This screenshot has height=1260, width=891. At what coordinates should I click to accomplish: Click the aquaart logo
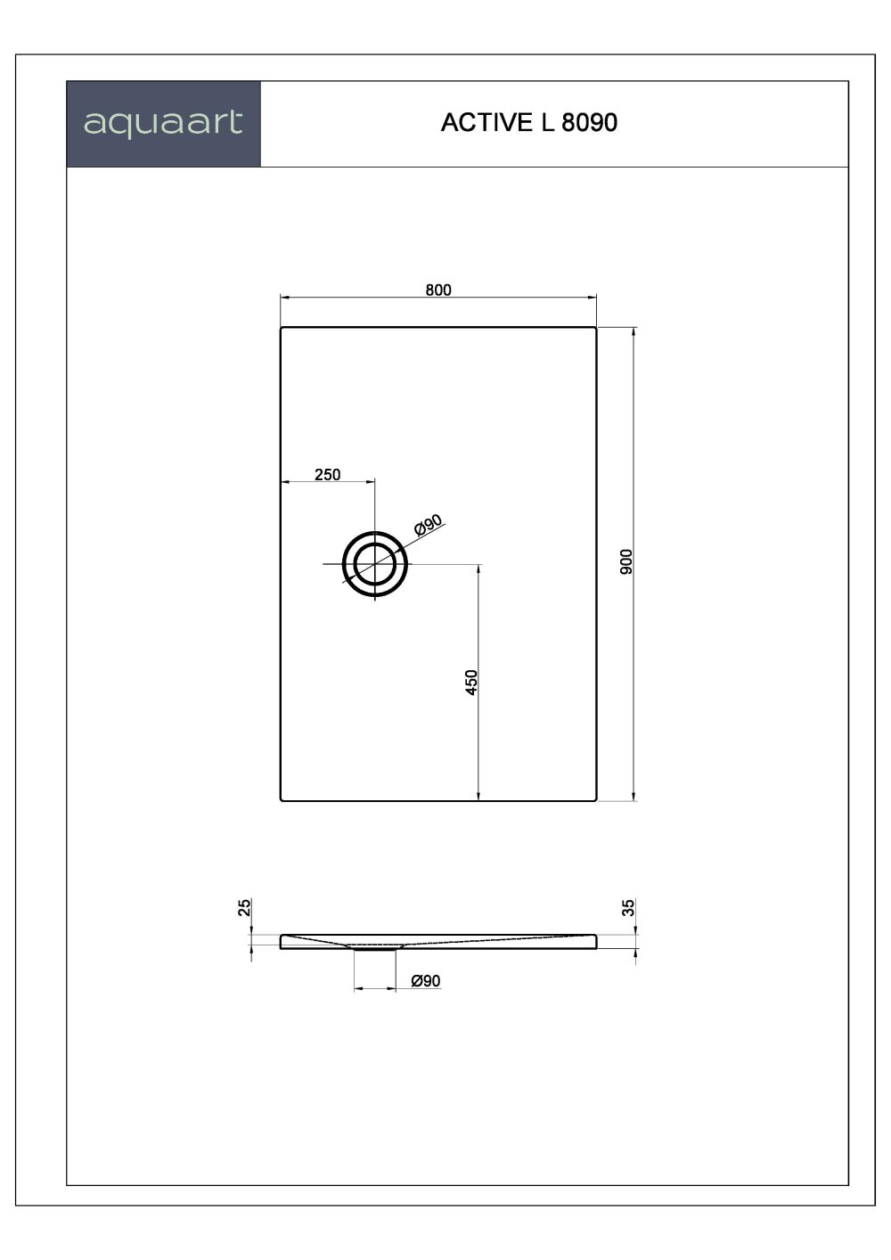[163, 123]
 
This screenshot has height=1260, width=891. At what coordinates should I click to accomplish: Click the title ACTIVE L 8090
[528, 123]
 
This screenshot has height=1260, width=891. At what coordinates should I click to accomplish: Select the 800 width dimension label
[438, 290]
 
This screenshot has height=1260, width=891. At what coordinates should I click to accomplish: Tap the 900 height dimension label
[625, 561]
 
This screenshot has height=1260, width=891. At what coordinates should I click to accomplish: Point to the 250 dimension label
[327, 474]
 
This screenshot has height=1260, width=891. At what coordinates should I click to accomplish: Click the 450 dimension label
[472, 682]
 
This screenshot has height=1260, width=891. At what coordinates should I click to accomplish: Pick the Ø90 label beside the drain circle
[429, 527]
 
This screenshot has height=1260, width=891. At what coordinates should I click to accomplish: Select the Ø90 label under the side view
[426, 981]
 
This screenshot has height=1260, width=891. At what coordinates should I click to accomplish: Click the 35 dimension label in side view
[628, 908]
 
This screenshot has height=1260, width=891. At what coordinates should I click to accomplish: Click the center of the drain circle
[375, 565]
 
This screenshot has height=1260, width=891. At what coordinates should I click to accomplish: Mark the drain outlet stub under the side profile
[374, 950]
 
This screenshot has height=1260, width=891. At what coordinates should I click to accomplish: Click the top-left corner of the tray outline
[282, 328]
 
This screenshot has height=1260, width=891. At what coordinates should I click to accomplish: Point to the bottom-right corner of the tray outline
[595, 800]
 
